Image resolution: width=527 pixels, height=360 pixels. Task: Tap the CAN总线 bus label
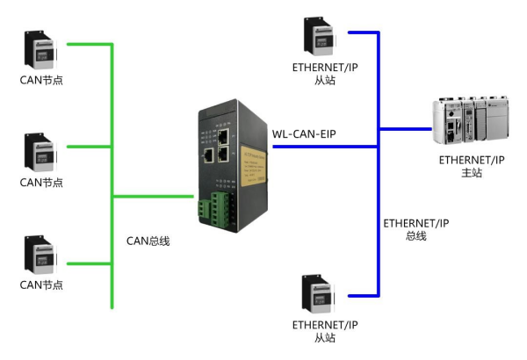(x=145, y=239)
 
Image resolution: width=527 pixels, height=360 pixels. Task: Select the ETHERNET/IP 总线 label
(x=415, y=230)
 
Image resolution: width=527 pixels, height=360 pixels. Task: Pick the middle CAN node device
(x=41, y=152)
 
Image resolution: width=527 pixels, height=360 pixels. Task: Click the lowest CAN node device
(x=41, y=255)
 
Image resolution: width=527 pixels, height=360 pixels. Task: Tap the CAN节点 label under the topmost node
(x=41, y=81)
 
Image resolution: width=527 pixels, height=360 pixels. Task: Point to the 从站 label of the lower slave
(x=324, y=337)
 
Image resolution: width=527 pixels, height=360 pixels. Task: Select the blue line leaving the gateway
(x=325, y=146)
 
